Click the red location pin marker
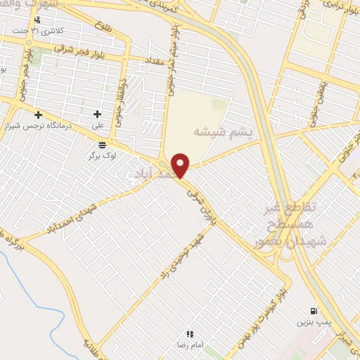181,165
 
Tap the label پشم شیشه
222,131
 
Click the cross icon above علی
98,114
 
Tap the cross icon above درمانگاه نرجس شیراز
38,115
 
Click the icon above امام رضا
189,333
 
